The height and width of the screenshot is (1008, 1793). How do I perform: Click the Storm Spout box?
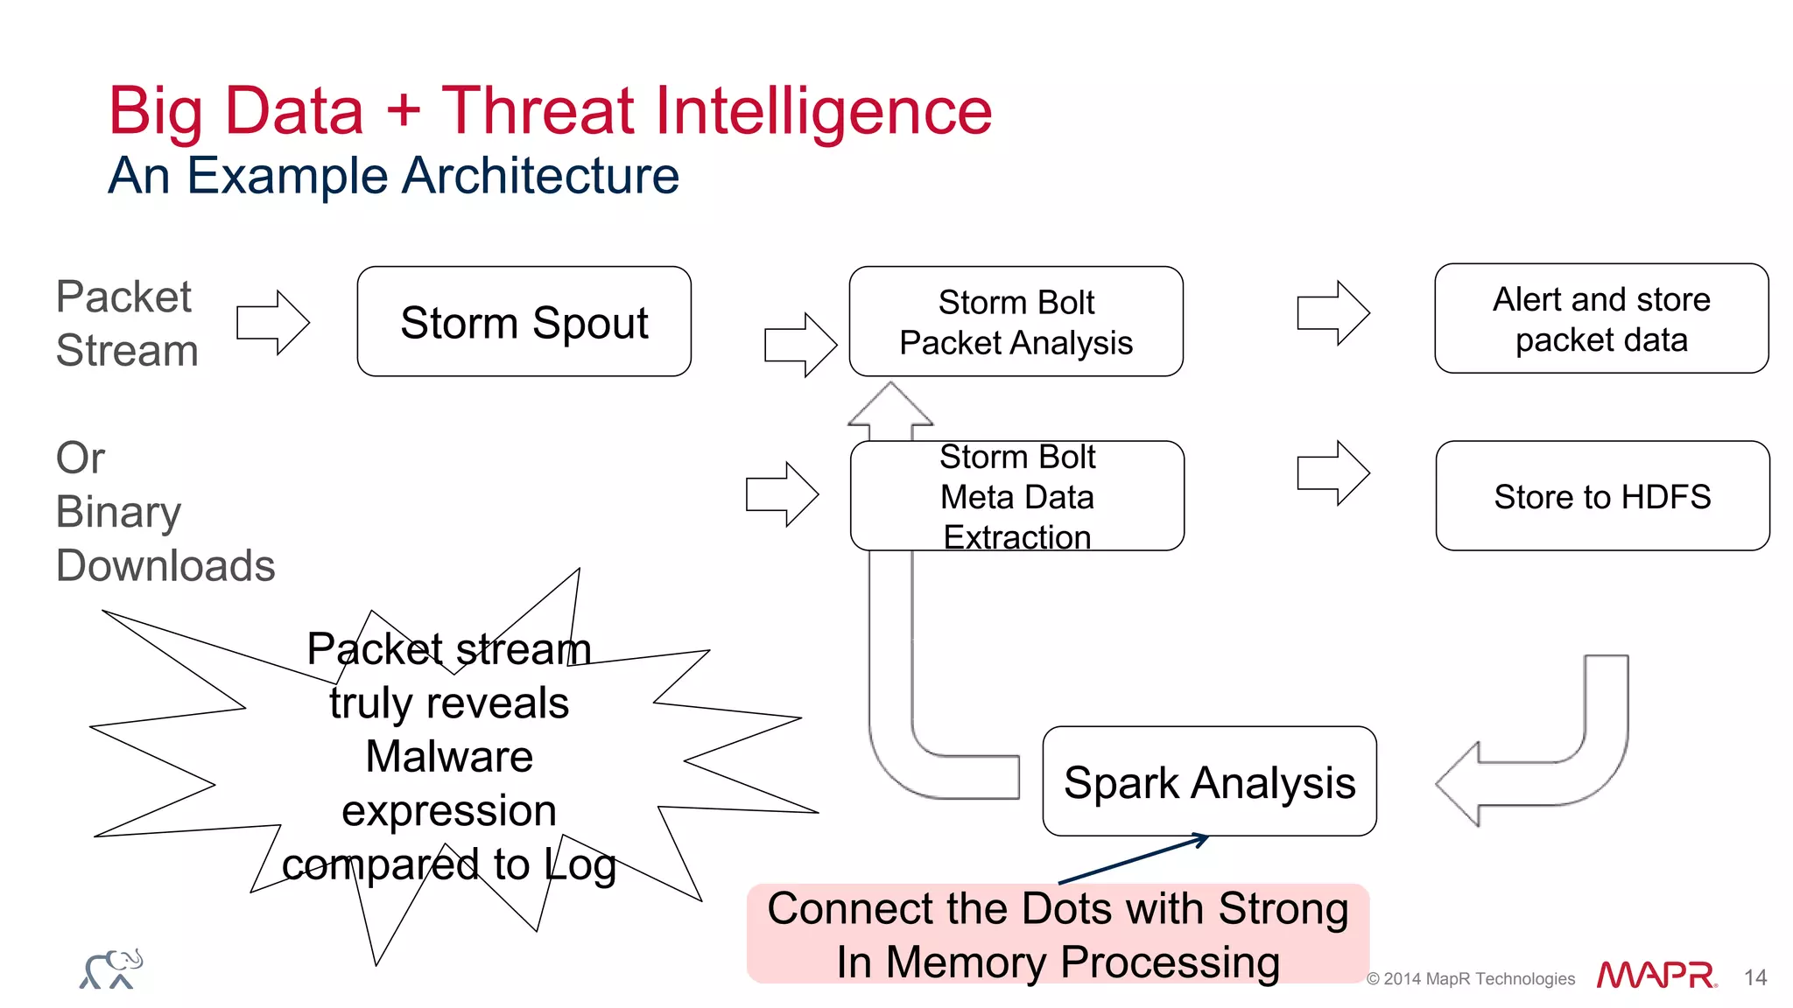pos(524,322)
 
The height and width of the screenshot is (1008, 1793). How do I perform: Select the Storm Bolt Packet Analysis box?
pos(1016,322)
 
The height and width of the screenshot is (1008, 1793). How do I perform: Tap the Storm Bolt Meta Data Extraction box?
pos(1016,496)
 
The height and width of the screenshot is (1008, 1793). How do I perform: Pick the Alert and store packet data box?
pos(1600,319)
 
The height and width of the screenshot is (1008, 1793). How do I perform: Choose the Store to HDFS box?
pos(1602,496)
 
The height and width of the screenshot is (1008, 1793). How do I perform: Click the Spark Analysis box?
pos(1209,781)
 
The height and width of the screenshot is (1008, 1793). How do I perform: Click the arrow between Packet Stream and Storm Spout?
pos(273,323)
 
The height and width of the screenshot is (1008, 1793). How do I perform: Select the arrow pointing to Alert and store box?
pos(1332,313)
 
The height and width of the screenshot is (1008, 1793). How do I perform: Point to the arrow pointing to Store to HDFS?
pos(1332,473)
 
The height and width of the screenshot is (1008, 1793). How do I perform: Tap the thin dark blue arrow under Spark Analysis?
pos(1134,859)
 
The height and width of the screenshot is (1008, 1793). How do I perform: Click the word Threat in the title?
pos(538,111)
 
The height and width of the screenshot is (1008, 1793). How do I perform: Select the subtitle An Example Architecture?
pos(393,176)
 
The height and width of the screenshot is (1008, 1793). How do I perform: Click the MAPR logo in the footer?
pos(1656,976)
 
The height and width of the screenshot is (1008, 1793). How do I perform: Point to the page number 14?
pos(1754,977)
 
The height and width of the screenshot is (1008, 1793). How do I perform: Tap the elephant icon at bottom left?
pos(111,969)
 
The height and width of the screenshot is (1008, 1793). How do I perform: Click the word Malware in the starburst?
pos(449,756)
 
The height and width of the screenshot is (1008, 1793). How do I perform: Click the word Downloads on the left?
pos(165,565)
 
